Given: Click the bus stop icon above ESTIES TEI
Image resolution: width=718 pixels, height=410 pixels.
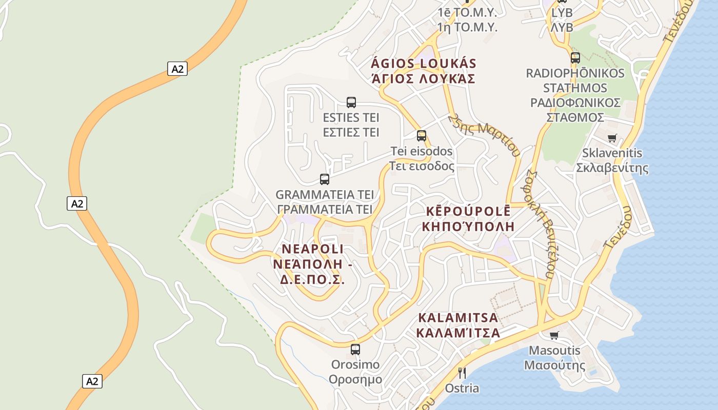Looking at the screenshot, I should coord(351,102).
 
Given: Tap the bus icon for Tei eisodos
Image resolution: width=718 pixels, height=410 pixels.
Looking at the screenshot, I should coord(421,136).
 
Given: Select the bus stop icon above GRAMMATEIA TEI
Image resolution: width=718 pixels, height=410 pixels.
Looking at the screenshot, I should coord(324,179).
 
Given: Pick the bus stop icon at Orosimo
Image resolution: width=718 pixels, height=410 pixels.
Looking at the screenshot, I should coord(355,350).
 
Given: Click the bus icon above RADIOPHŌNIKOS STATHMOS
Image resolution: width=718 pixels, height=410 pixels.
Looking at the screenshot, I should coord(575,57).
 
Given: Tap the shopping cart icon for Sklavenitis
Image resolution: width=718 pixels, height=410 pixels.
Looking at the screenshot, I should coord(611,138).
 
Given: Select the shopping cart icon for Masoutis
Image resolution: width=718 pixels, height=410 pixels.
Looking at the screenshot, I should coord(554,336).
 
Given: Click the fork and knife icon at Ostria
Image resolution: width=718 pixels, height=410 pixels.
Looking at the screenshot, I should coord(462,373).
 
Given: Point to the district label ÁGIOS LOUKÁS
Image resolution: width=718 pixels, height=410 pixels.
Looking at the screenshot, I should coord(424,64).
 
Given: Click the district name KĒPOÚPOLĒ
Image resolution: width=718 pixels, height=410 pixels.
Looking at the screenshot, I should coord(468,211).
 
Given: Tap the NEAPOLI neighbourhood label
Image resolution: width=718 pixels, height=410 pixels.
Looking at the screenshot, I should coord(312,250).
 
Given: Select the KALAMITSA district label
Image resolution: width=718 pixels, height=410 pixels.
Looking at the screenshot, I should coord(458,318).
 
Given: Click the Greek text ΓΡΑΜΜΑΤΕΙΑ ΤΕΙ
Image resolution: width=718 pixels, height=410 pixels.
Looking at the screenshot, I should coord(324,210).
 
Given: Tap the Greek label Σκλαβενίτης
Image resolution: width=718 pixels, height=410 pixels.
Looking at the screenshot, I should coord(612,168).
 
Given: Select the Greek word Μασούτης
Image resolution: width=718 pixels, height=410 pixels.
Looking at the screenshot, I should coord(554,366).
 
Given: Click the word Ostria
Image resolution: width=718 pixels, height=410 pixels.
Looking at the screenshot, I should coord(462,388).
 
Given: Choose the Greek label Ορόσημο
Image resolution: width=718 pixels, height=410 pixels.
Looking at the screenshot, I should coord(355,380).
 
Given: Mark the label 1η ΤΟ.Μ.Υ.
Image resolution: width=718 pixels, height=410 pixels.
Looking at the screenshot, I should coord(467,28).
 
